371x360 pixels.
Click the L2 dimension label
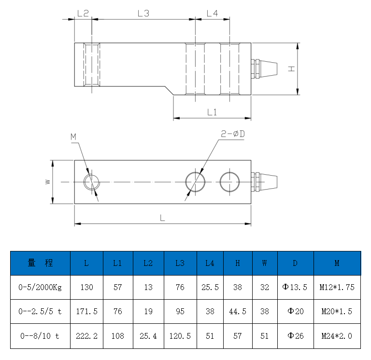[x=83, y=14]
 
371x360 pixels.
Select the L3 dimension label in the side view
[x=143, y=14]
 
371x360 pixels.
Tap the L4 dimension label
[x=212, y=14]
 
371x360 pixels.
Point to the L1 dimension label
[x=212, y=112]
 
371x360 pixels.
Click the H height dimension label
[x=291, y=69]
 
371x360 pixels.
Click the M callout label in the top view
[x=73, y=137]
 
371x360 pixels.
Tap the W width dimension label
[x=47, y=182]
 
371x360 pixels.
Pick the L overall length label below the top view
[x=162, y=218]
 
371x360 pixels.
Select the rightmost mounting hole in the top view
[x=229, y=182]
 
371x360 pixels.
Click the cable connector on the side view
[x=266, y=69]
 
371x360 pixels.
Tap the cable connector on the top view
[x=266, y=182]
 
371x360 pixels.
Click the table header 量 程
[x=41, y=263]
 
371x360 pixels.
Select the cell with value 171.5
[x=86, y=312]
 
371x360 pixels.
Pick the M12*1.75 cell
[x=337, y=287]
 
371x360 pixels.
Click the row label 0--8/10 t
[x=41, y=336]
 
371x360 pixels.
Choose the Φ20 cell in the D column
[x=295, y=312]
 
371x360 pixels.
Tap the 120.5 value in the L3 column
[x=180, y=336]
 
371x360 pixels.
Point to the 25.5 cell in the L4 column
[x=210, y=287]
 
